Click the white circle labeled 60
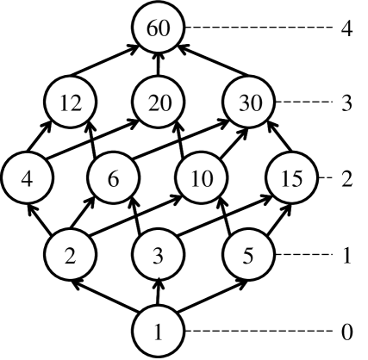click(159, 28)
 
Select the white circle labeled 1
click(159, 332)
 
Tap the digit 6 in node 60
click(153, 28)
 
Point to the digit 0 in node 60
click(164, 28)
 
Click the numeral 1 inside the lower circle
click(159, 332)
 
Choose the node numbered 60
click(159, 28)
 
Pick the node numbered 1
click(159, 332)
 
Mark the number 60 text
click(159, 28)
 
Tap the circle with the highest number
click(159, 28)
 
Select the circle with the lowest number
click(159, 332)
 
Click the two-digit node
click(159, 28)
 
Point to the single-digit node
click(159, 332)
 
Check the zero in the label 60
click(164, 28)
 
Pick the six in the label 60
click(153, 28)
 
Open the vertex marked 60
click(159, 28)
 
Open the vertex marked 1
click(159, 332)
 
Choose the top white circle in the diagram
click(159, 28)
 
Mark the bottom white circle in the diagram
click(159, 332)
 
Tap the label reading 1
click(159, 332)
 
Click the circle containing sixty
click(159, 28)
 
